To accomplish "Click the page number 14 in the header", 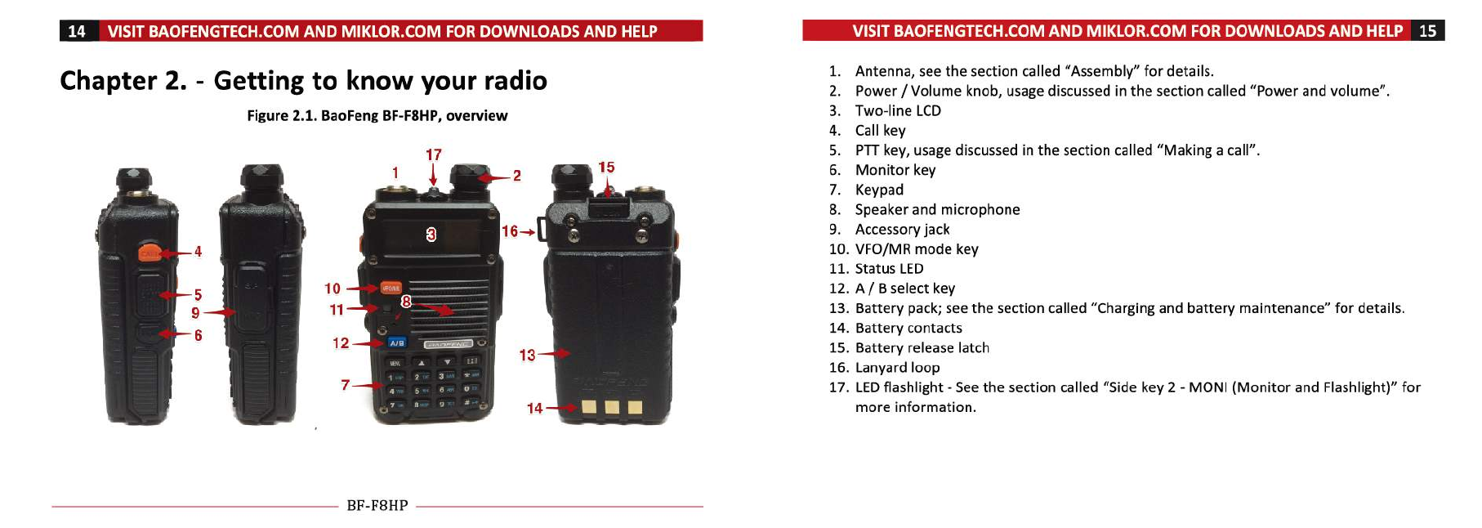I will click(76, 31).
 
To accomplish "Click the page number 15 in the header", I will click(1427, 31).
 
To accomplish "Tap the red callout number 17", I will click(434, 154).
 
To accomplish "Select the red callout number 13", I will click(527, 355).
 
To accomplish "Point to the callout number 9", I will click(195, 313).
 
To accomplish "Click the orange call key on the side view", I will click(149, 253).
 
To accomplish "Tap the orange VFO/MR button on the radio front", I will click(391, 288).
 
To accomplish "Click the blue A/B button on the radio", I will click(397, 343).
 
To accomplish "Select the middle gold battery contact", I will click(611, 408).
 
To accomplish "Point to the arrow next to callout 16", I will click(528, 232).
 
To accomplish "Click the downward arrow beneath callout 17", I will click(434, 176).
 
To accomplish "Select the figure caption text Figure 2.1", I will click(281, 116).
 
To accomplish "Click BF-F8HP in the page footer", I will click(377, 505).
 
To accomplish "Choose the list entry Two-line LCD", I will click(898, 110).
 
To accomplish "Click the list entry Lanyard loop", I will click(897, 368).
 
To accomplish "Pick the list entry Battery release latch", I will click(922, 347).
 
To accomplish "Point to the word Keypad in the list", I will click(879, 190).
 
